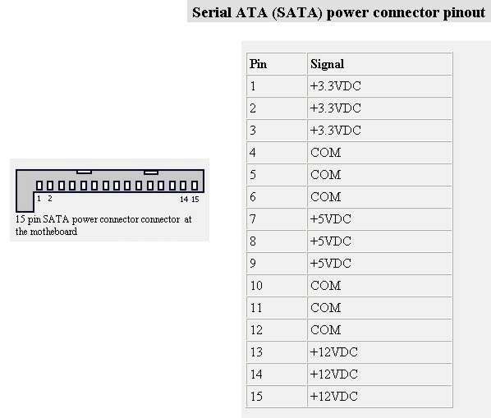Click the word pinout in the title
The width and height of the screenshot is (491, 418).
pos(464,12)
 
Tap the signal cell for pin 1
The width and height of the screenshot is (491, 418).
pos(379,86)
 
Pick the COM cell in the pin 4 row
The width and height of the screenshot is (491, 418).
pos(379,153)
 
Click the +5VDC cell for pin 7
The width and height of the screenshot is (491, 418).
pos(379,219)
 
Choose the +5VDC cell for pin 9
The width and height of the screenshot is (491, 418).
pos(379,264)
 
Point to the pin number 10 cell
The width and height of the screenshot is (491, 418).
pos(277,286)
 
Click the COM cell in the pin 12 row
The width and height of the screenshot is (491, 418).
pos(379,330)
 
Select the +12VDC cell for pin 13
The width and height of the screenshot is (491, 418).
pos(379,352)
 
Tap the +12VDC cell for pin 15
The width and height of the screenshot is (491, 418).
pos(379,397)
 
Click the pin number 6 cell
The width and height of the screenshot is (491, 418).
pos(277,197)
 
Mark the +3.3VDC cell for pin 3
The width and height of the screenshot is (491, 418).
pos(379,131)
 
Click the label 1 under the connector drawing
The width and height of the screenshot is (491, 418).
pos(39,199)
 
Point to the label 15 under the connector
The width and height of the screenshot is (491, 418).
pos(195,199)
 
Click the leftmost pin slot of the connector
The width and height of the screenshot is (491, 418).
pos(39,186)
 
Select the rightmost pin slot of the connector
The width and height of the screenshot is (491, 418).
pos(195,186)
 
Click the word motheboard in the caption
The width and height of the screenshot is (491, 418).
pos(53,232)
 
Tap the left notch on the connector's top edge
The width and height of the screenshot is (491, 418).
pos(85,172)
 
